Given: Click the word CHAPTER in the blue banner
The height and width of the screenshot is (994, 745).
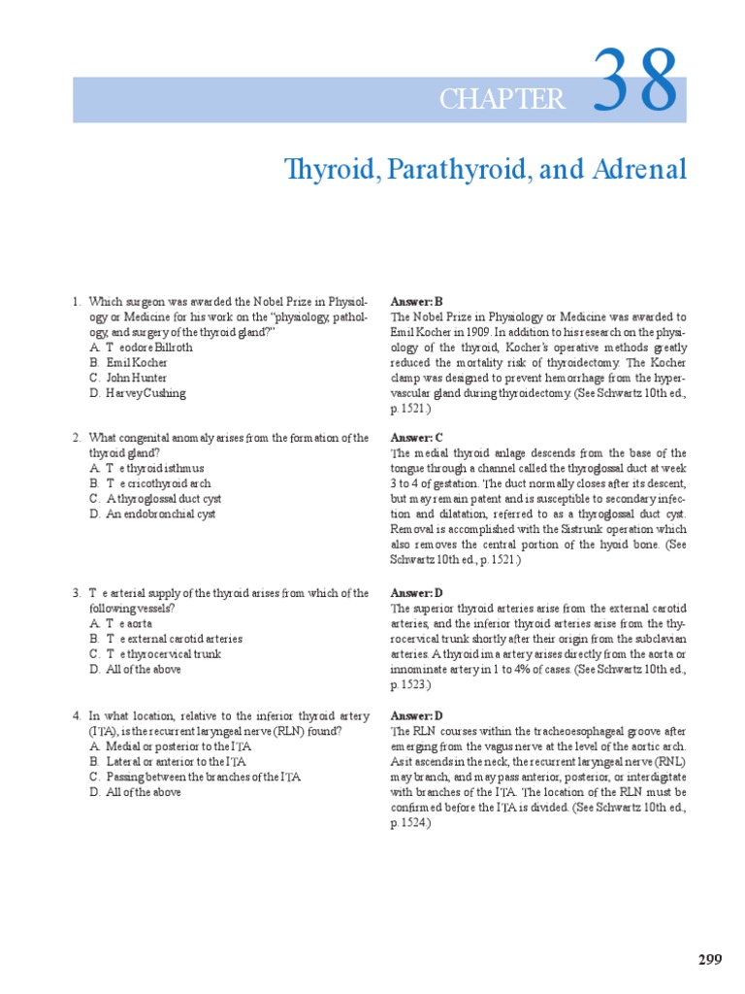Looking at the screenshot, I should click(502, 99).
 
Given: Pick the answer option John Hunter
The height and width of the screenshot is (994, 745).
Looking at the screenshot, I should click(137, 379).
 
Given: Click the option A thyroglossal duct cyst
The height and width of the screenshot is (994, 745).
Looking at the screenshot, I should click(157, 499).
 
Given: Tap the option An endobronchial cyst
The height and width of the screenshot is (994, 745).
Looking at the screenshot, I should click(153, 514).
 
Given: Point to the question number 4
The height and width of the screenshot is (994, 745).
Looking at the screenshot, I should click(76, 715).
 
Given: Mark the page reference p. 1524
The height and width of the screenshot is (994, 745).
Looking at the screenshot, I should click(412, 823).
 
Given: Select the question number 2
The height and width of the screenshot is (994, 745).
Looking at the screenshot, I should click(76, 438).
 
